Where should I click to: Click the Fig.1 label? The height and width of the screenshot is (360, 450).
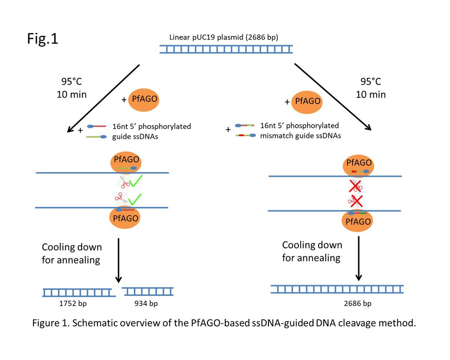point(42,39)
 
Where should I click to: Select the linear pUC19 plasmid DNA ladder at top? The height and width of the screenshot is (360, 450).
point(226,49)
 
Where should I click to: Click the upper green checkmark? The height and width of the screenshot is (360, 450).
point(135,183)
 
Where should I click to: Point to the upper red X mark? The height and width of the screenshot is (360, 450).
point(355,186)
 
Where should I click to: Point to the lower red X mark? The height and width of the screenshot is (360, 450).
point(355,201)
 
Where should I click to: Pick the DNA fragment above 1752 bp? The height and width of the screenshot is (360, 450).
point(77,292)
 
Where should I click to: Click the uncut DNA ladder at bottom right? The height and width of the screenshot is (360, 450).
point(337,289)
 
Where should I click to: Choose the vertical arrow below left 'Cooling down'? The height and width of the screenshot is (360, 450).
point(118,260)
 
